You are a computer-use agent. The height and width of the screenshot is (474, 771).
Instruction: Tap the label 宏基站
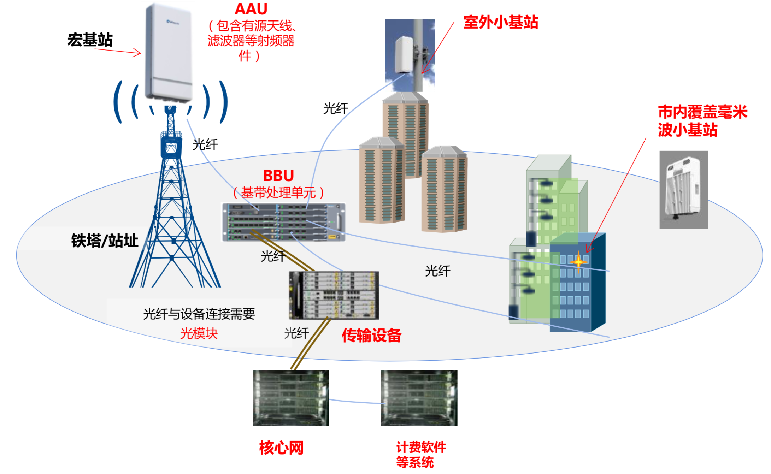(90, 40)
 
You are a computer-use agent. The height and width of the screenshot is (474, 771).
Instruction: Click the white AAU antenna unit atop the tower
(169, 53)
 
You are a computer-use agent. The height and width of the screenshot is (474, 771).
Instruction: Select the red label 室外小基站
(500, 22)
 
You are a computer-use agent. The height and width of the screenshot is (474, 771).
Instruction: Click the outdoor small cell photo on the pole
(410, 55)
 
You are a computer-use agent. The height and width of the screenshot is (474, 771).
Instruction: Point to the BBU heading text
(278, 176)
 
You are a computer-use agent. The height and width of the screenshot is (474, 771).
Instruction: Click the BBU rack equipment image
(283, 222)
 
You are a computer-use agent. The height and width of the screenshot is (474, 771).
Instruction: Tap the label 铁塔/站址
(105, 241)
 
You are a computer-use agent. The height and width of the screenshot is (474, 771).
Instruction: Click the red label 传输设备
(371, 335)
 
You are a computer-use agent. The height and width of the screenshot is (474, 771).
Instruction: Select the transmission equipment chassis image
(334, 296)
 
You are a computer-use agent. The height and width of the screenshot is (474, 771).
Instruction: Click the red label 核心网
(281, 448)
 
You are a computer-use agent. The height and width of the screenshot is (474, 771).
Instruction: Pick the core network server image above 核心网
(291, 398)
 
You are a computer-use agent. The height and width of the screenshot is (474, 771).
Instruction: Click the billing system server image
(419, 398)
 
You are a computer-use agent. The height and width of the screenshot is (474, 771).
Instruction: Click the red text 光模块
(199, 333)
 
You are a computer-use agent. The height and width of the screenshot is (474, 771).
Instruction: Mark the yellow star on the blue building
(578, 262)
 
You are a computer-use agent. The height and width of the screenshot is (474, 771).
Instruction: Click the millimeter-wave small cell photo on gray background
(683, 190)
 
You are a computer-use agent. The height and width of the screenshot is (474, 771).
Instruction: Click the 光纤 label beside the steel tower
(205, 144)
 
